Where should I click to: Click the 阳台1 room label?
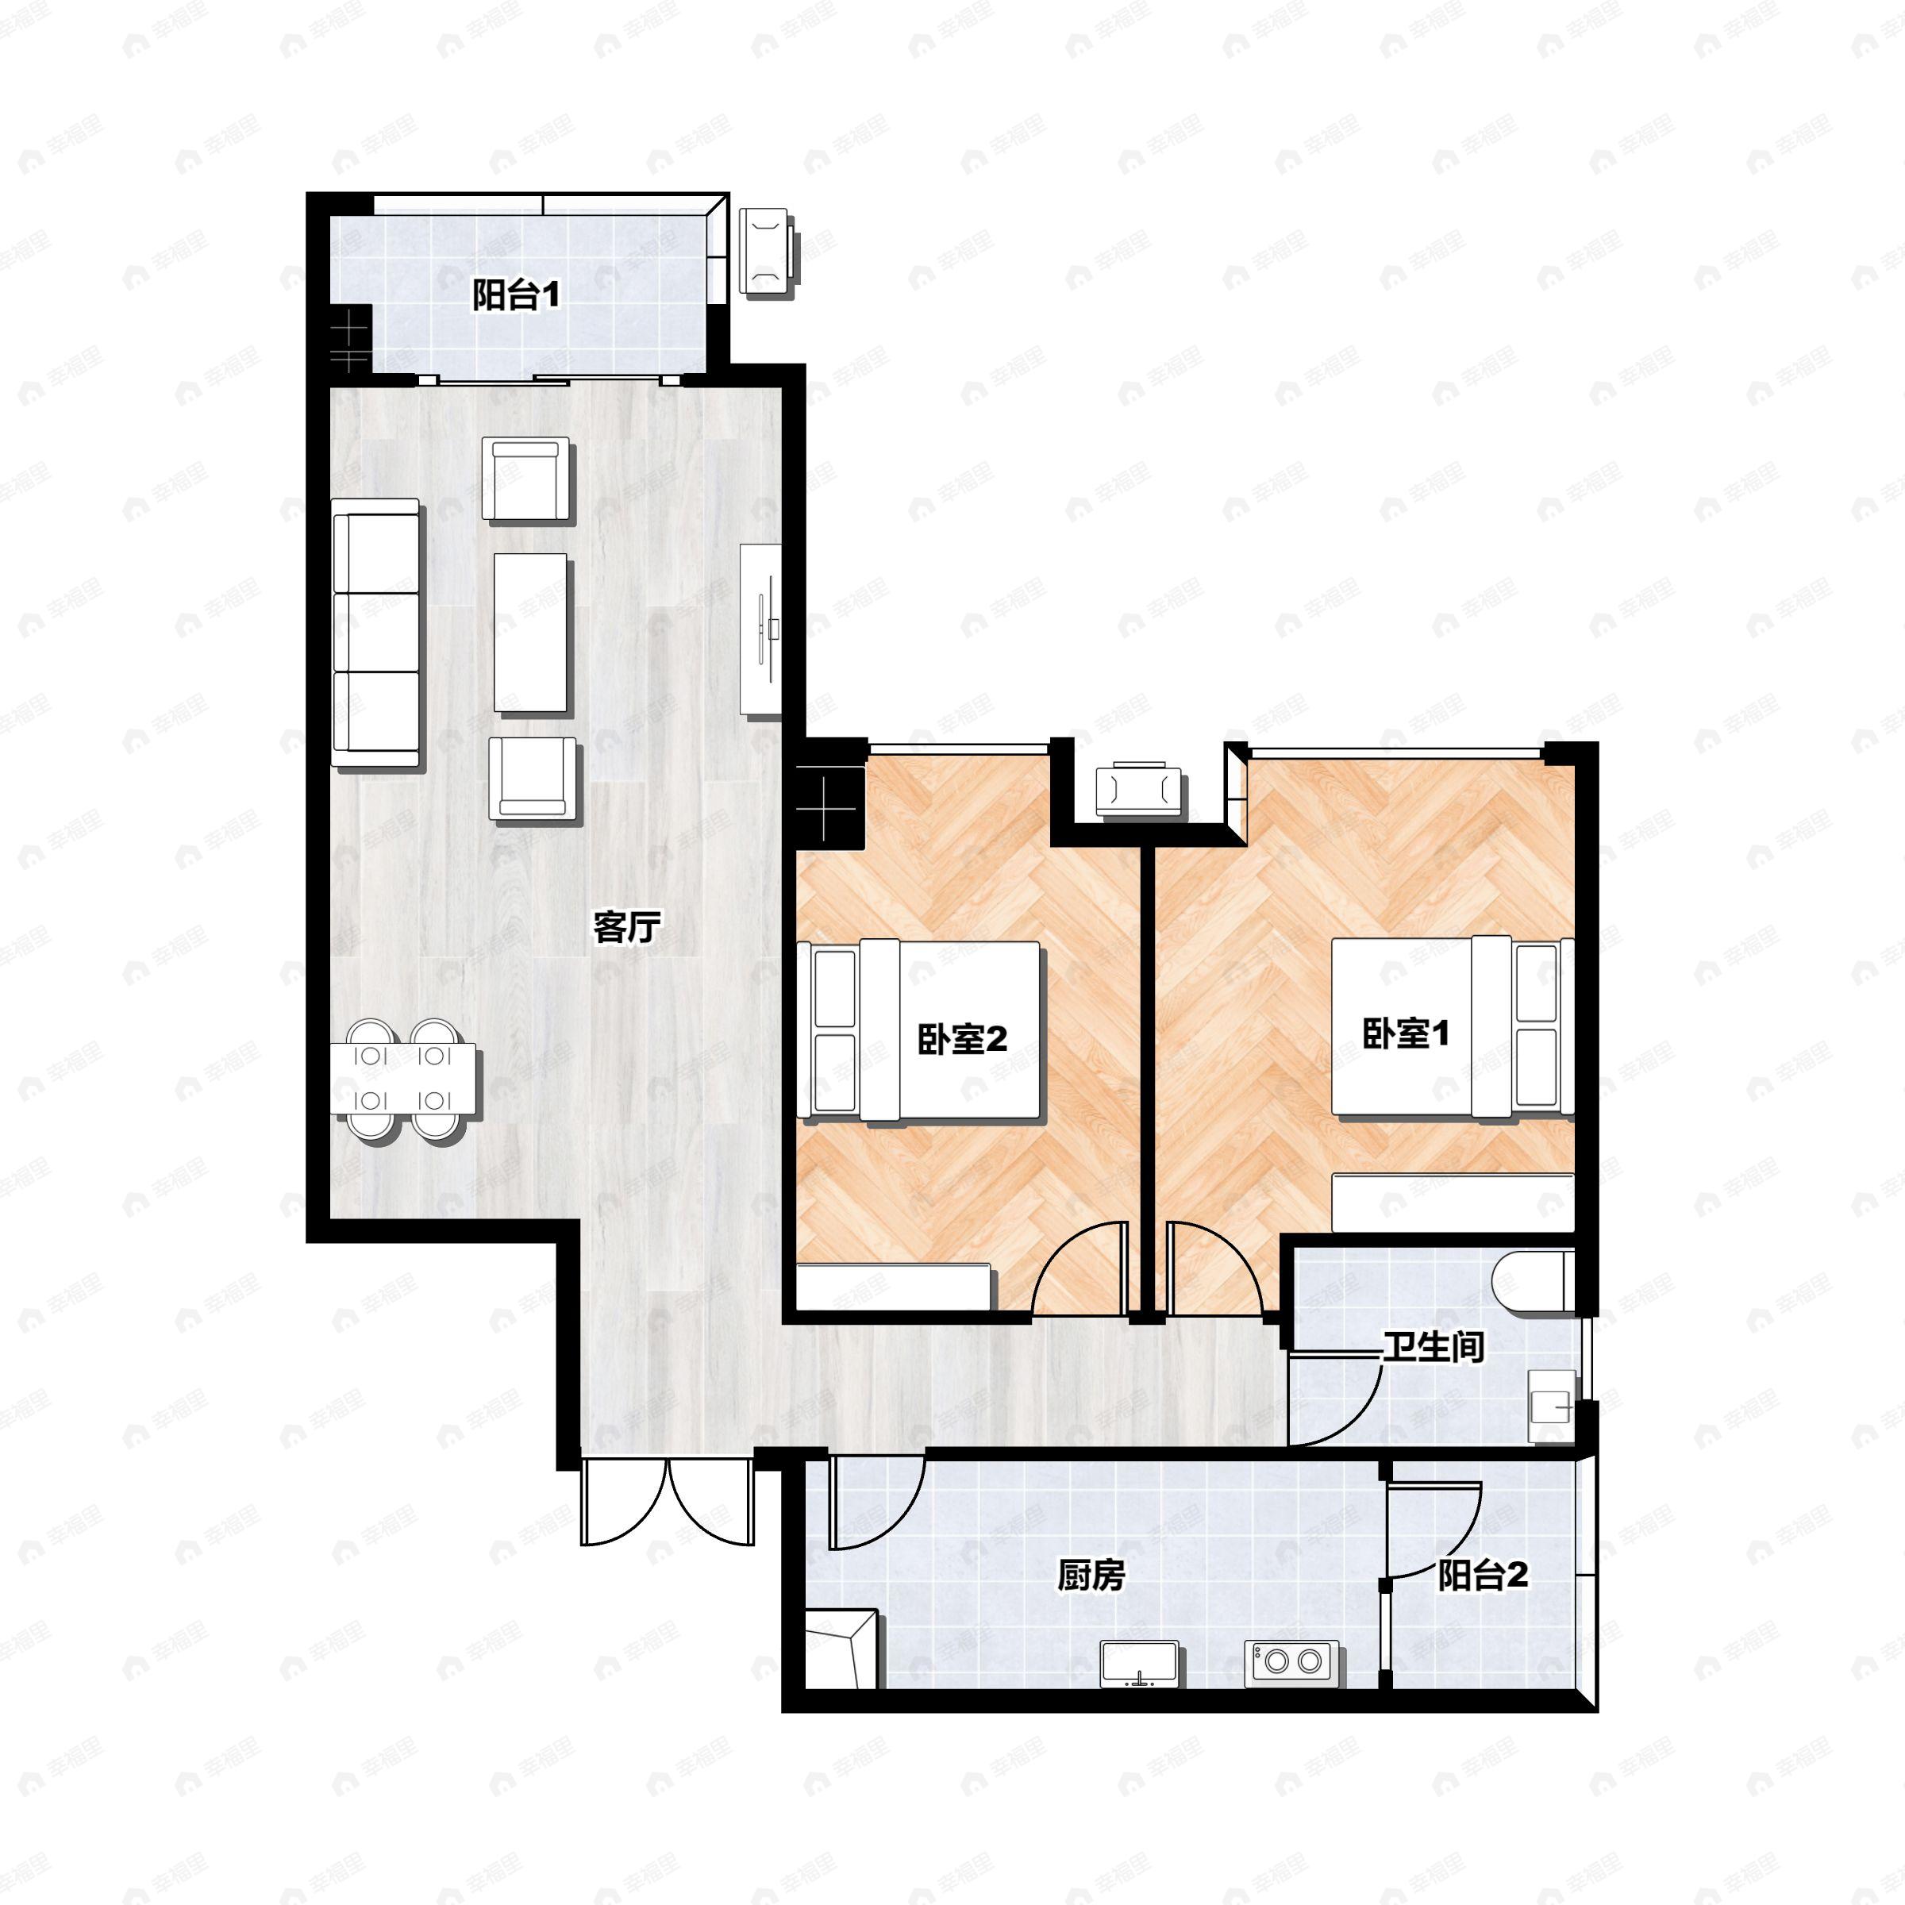[x=516, y=294]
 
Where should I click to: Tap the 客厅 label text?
[x=626, y=927]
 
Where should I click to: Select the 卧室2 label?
[x=962, y=1038]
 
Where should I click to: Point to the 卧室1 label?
[x=1406, y=1033]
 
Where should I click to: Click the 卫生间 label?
[x=1433, y=1347]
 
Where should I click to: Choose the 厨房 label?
[x=1091, y=1576]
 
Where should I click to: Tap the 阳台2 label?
[x=1483, y=1575]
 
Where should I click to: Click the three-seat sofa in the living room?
[x=375, y=633]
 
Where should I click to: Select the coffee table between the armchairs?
[x=532, y=632]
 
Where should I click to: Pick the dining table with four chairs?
[x=406, y=1080]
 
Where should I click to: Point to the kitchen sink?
[x=1140, y=1662]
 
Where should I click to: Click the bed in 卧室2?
[x=919, y=1030]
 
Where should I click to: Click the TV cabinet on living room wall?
[x=761, y=630]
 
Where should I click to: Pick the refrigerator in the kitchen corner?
[x=841, y=1649]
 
